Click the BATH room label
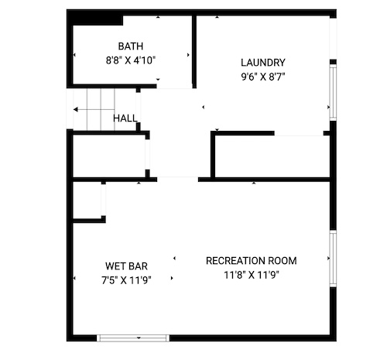click(x=131, y=46)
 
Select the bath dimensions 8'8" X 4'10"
click(x=131, y=60)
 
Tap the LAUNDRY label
click(x=263, y=63)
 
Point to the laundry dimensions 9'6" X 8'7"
click(x=263, y=77)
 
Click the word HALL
click(x=125, y=118)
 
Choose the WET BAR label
click(x=126, y=266)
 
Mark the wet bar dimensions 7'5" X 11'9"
click(x=126, y=280)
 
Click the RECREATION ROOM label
click(x=252, y=261)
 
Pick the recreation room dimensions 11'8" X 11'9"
click(x=252, y=275)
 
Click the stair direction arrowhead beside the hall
click(x=76, y=110)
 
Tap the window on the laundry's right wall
click(x=333, y=92)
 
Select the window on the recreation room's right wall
click(x=333, y=259)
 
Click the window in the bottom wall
click(x=133, y=338)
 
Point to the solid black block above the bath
click(x=95, y=18)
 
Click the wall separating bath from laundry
click(x=194, y=52)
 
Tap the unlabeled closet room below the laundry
click(x=272, y=156)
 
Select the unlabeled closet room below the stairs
click(x=109, y=156)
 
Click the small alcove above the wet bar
click(x=87, y=200)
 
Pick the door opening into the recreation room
click(x=177, y=180)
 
